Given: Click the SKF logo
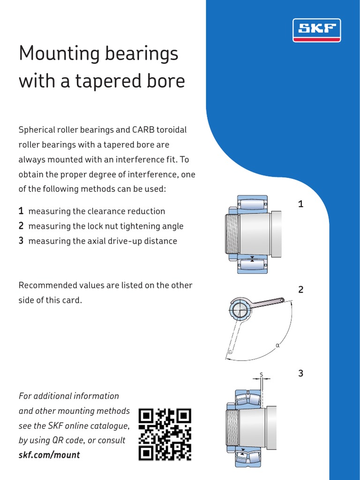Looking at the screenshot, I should pos(316,30).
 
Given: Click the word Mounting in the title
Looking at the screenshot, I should pos(58,53).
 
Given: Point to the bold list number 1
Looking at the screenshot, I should pos(21,211).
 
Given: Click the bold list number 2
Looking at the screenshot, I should pos(21,226).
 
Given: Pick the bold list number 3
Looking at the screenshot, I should pos(21,241).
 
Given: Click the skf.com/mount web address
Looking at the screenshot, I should pos(49,455).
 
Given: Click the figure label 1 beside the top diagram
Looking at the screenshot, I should pos(301,204).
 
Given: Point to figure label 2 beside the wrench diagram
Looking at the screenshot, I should pos(301,290).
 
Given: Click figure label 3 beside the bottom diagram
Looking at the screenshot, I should pos(301,374).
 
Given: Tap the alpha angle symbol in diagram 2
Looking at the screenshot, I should pos(277,345).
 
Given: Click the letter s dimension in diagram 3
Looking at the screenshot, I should pos(262,375).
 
